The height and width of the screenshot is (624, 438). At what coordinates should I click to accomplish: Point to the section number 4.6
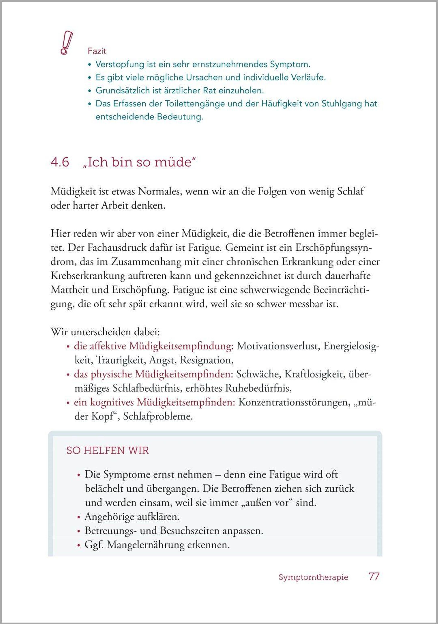click(60, 162)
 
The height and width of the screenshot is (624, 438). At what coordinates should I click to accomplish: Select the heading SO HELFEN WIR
click(108, 451)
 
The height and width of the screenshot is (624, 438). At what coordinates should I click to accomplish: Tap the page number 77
click(374, 576)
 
